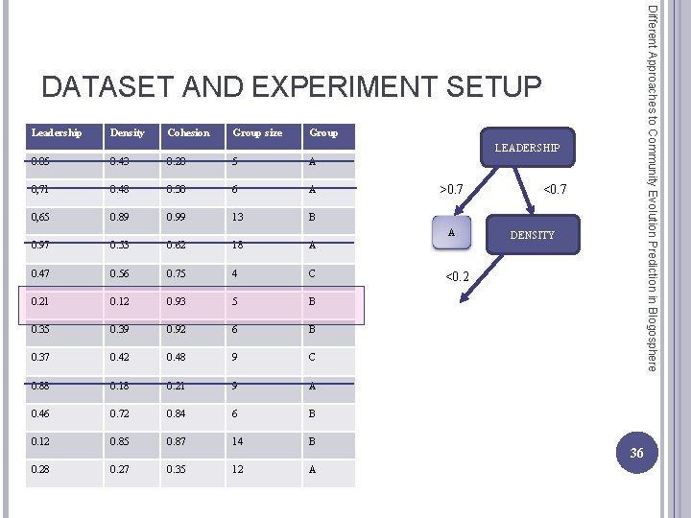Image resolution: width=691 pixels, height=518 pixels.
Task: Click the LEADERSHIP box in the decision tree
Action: (x=527, y=148)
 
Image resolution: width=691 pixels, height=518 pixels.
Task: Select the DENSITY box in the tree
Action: (x=532, y=235)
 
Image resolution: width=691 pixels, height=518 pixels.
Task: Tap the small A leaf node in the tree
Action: (x=451, y=232)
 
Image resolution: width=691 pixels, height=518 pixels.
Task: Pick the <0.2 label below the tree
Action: (x=456, y=277)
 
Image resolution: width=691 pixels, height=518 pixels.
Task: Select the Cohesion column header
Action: (x=188, y=132)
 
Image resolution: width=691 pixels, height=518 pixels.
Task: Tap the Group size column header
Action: (x=257, y=132)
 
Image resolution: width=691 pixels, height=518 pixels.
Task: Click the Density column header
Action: (x=128, y=132)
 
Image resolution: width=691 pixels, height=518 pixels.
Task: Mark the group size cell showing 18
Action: (x=239, y=246)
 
